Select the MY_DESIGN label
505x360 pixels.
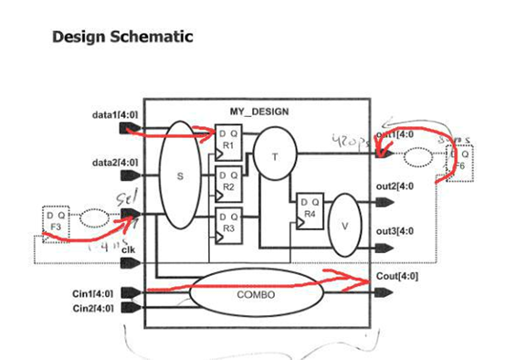click(259, 111)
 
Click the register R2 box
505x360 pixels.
click(227, 183)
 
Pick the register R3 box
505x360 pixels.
click(227, 225)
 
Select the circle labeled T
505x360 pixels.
click(272, 156)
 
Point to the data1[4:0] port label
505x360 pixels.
click(115, 115)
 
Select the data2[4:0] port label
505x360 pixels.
click(115, 163)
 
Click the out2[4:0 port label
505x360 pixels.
click(395, 186)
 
